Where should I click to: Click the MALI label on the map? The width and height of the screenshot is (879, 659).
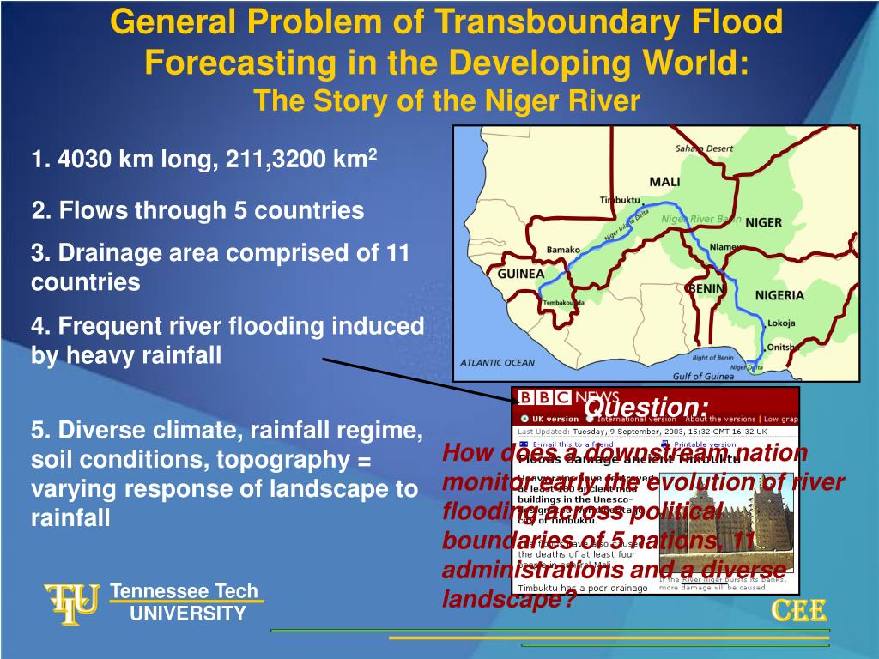(664, 182)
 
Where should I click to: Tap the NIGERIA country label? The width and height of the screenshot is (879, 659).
(779, 295)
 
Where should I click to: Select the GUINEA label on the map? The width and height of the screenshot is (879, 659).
(521, 274)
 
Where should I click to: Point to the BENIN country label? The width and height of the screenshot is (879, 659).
(705, 288)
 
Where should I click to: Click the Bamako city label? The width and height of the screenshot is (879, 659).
(563, 251)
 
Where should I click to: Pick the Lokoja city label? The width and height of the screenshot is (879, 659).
(781, 323)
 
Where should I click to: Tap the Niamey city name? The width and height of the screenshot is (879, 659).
(725, 247)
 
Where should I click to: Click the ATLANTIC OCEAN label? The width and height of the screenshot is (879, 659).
(497, 362)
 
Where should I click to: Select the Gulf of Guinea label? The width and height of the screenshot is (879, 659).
(706, 376)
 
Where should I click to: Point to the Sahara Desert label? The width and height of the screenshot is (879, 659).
(704, 148)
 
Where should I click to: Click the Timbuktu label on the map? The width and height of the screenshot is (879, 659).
(620, 200)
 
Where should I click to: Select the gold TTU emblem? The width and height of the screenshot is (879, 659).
(71, 602)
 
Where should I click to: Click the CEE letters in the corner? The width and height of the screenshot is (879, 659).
(799, 610)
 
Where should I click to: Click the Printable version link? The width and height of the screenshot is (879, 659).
(706, 444)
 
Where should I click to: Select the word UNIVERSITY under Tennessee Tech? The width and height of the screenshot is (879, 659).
(188, 613)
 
